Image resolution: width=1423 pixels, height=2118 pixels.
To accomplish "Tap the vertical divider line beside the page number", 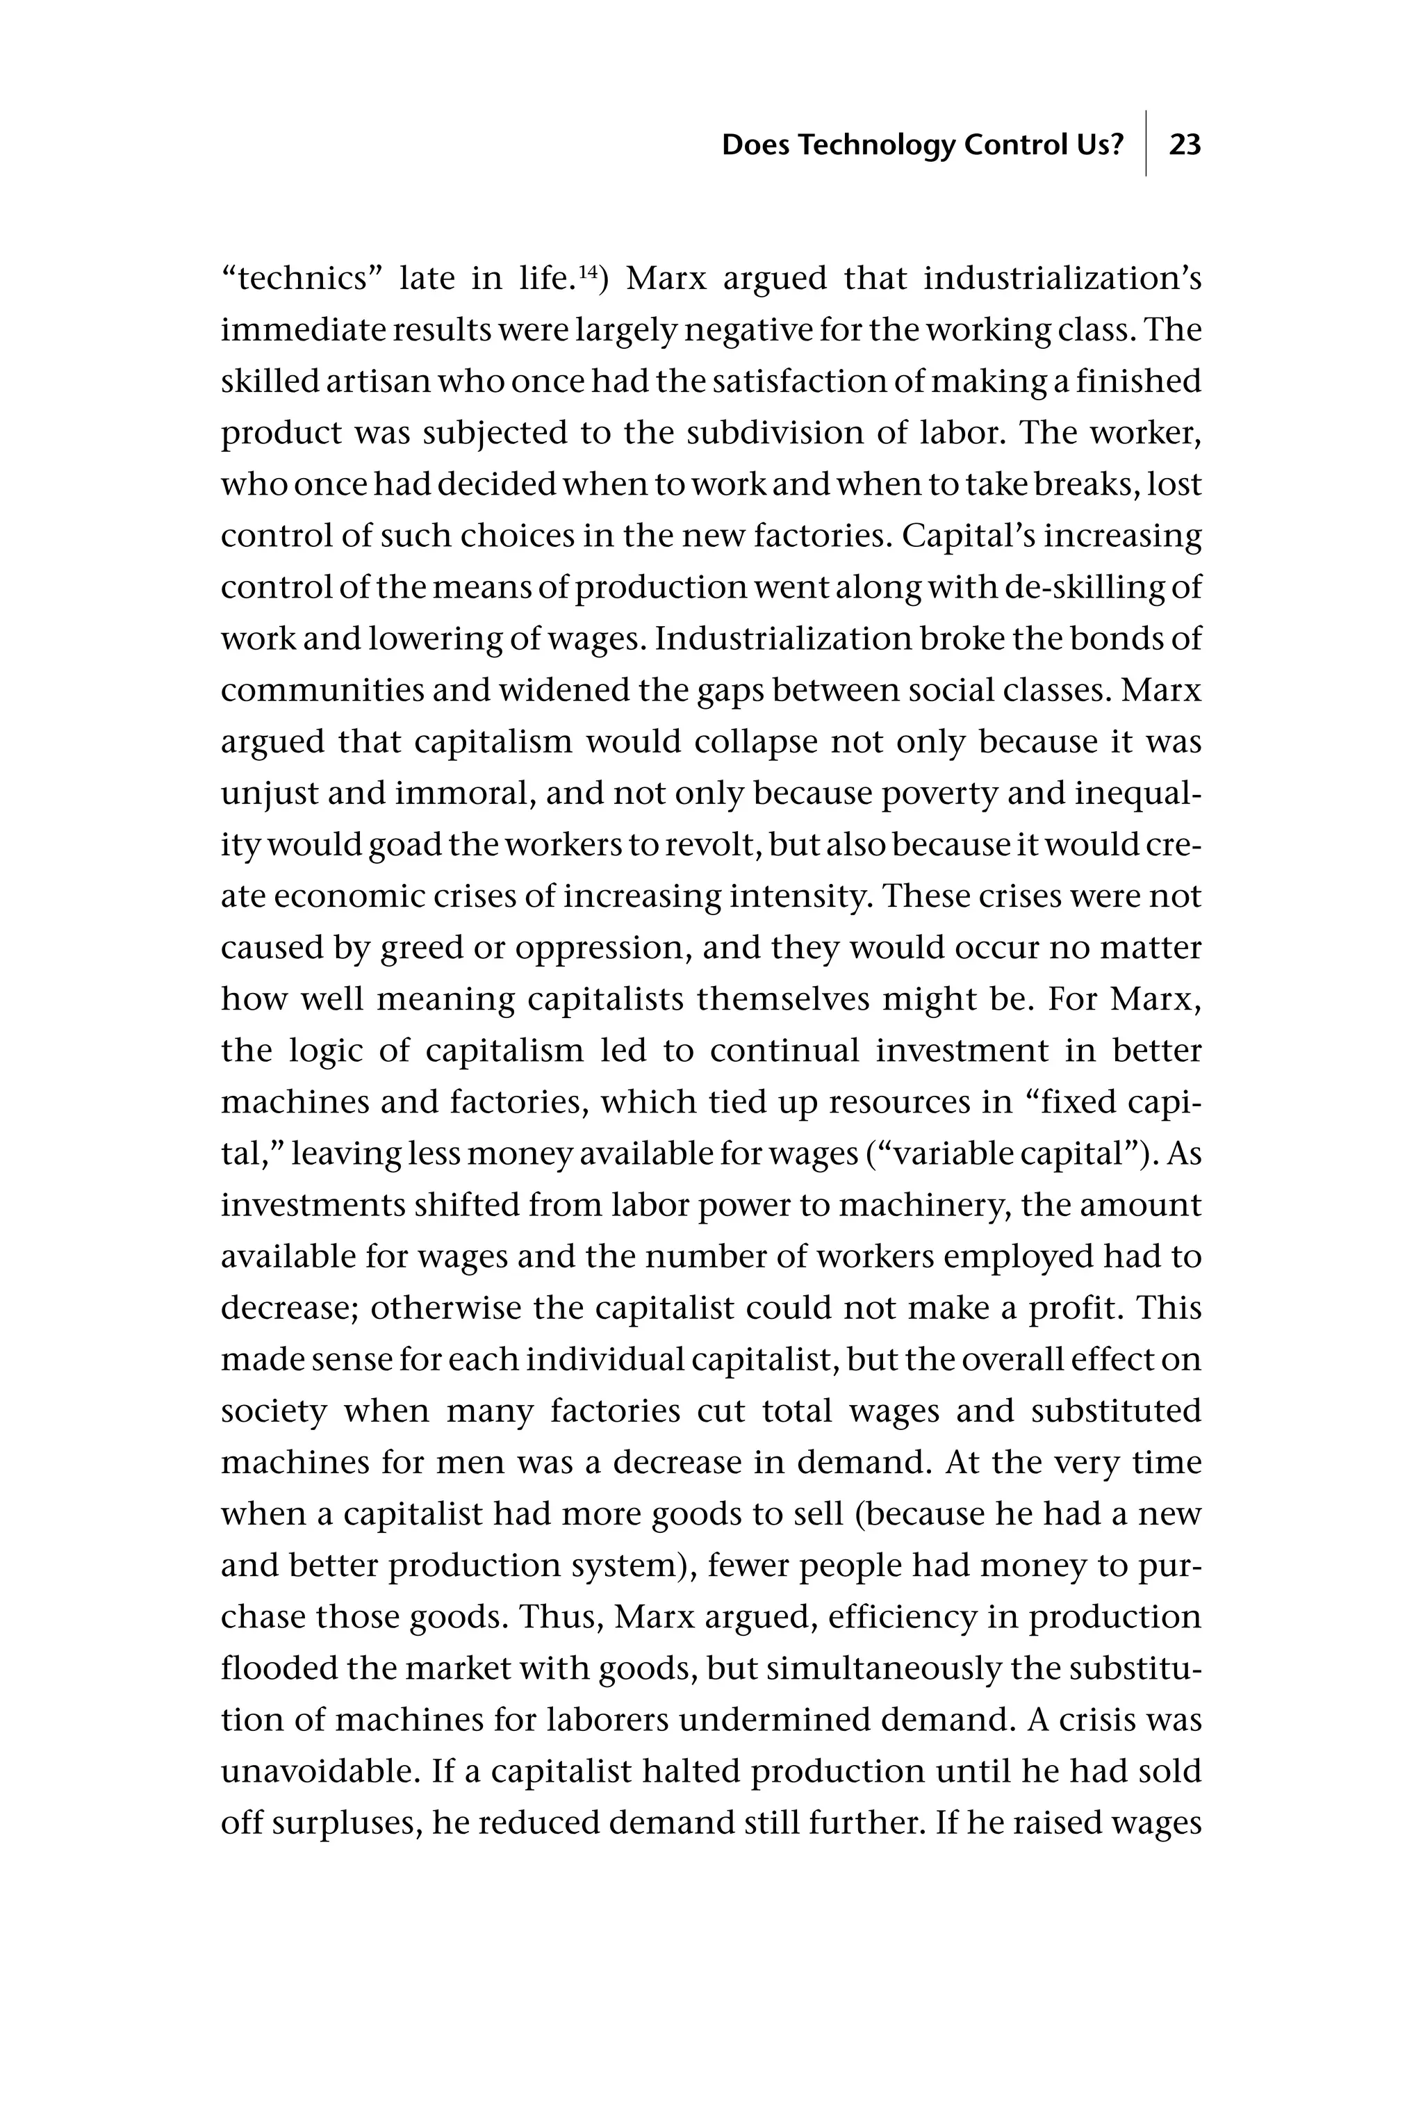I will [x=1145, y=143].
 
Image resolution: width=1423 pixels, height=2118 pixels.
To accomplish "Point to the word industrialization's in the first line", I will [x=1062, y=279].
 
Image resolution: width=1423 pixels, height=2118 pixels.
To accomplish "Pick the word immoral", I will [x=462, y=793].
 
